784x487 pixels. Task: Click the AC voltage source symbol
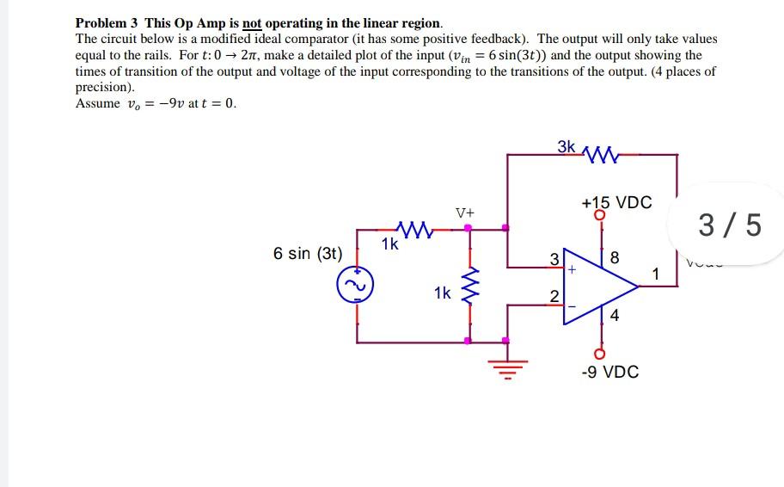pyautogui.click(x=356, y=285)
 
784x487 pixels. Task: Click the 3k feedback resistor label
pyautogui.click(x=567, y=146)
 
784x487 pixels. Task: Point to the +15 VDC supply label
pyautogui.click(x=616, y=203)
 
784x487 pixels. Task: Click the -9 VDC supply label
pyautogui.click(x=609, y=372)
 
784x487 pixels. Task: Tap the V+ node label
pyautogui.click(x=464, y=212)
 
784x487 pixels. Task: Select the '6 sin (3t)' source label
pyautogui.click(x=308, y=254)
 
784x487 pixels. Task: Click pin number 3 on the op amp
pyautogui.click(x=555, y=259)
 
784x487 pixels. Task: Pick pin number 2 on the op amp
pyautogui.click(x=555, y=297)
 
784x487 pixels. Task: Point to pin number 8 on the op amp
pyautogui.click(x=614, y=258)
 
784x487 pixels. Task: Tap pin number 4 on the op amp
pyautogui.click(x=614, y=315)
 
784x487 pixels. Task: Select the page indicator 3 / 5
pyautogui.click(x=729, y=225)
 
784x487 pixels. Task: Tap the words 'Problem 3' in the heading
pyautogui.click(x=107, y=23)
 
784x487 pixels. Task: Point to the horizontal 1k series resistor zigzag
pyautogui.click(x=415, y=230)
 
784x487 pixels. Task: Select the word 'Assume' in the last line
pyautogui.click(x=98, y=103)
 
